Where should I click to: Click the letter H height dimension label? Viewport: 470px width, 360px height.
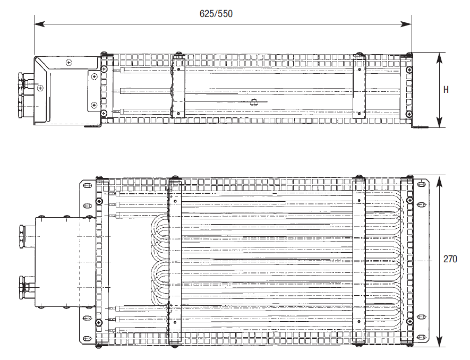point(446,90)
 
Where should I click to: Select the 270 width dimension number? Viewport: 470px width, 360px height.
point(450,260)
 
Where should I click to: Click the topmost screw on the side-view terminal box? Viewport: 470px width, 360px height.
point(69,63)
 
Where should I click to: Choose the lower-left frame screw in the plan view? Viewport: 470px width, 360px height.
point(99,322)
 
